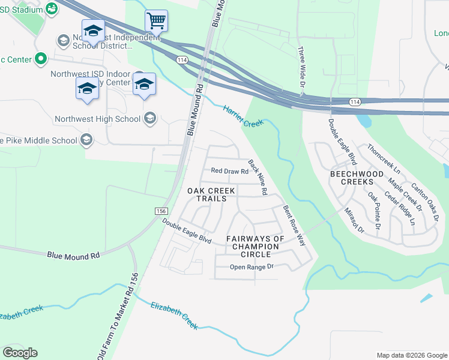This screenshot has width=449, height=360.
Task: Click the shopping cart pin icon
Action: (x=156, y=21)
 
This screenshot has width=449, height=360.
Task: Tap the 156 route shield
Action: (x=161, y=211)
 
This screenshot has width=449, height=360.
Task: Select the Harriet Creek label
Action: (x=243, y=116)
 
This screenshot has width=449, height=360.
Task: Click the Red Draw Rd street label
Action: (x=229, y=171)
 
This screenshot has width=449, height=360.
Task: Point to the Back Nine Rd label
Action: (x=258, y=177)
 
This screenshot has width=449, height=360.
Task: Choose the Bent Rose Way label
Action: (x=294, y=226)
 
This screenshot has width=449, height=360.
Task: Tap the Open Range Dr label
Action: (x=252, y=266)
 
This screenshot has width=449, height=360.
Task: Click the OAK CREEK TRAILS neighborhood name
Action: (x=207, y=194)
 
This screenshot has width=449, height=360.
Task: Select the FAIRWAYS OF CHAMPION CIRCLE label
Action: (x=255, y=247)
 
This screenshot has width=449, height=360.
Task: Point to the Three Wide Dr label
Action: (x=302, y=67)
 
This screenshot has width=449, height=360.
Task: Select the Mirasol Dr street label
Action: (x=354, y=220)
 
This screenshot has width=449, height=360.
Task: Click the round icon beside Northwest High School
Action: (x=149, y=119)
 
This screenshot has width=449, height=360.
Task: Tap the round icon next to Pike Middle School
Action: (x=86, y=140)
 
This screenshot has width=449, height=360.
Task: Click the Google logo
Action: (x=20, y=353)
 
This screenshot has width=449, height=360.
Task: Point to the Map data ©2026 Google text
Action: (x=411, y=355)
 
